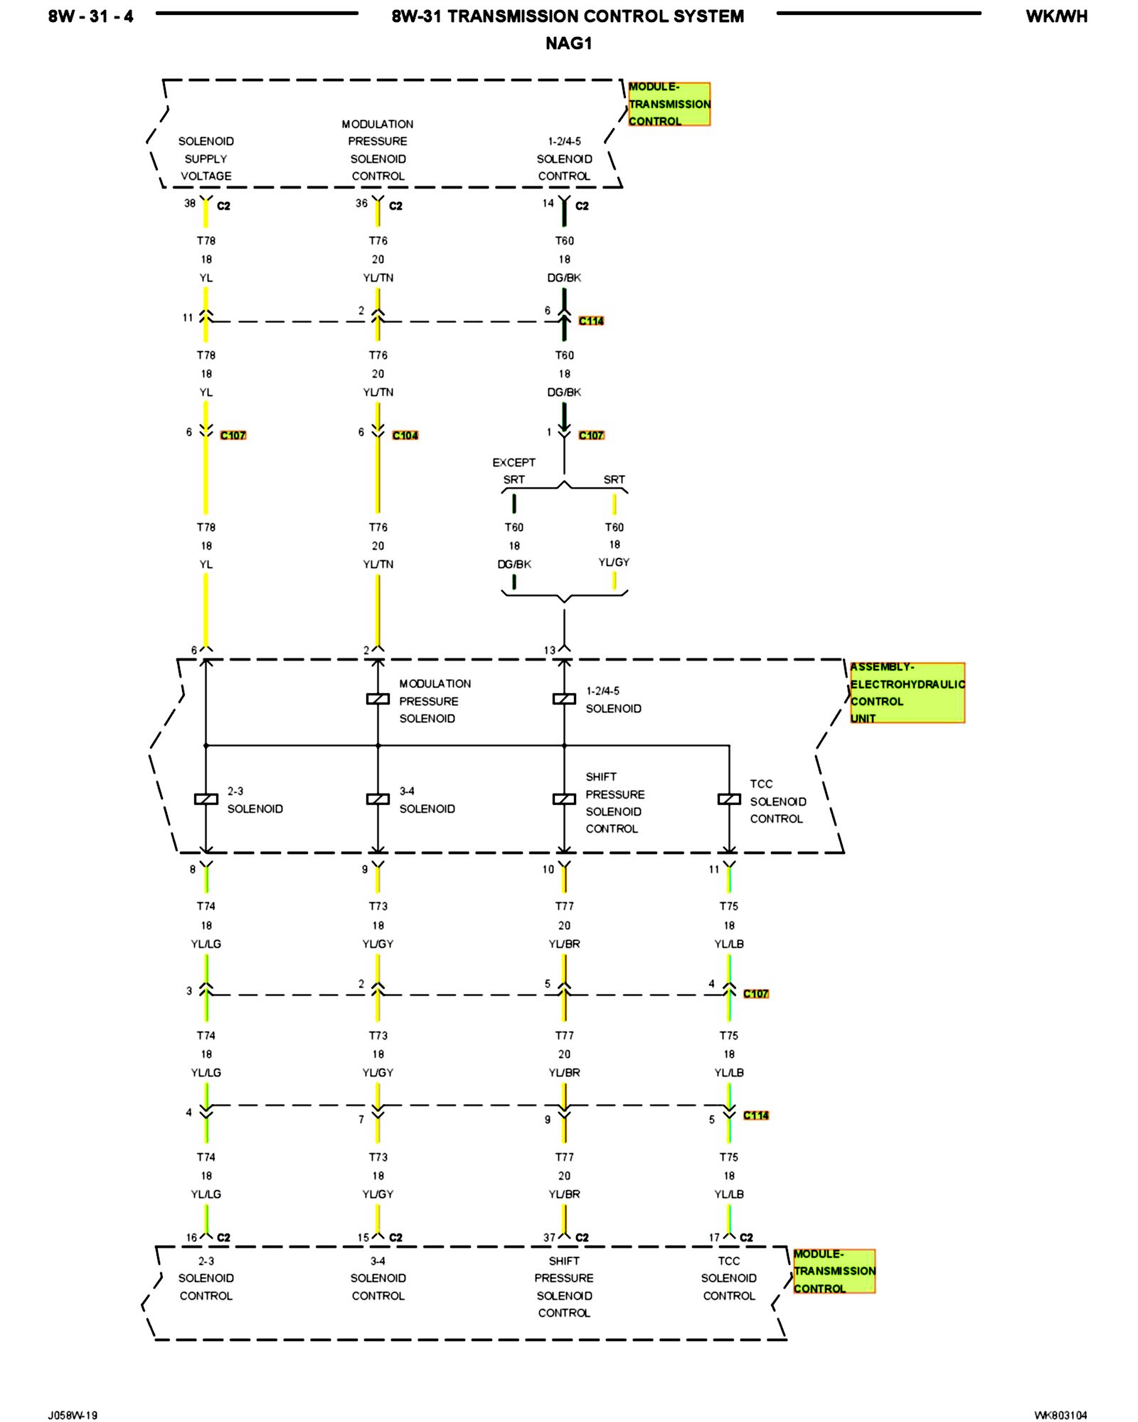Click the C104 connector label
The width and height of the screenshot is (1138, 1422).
pyautogui.click(x=405, y=435)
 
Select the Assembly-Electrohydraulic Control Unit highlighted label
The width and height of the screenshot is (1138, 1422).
pyautogui.click(x=907, y=693)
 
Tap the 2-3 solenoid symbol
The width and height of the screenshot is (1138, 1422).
pyautogui.click(x=206, y=799)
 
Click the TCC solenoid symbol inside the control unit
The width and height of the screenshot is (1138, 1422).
pyautogui.click(x=729, y=799)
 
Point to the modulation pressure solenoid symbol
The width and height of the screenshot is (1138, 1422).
pyautogui.click(x=378, y=699)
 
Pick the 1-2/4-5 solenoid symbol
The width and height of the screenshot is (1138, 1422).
pyautogui.click(x=564, y=699)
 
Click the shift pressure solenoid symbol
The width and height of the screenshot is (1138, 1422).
pyautogui.click(x=564, y=799)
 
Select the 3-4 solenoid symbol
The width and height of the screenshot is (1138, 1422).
pyautogui.click(x=378, y=799)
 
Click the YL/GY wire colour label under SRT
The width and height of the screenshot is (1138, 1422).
pyautogui.click(x=614, y=562)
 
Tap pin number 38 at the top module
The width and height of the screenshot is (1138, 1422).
pyautogui.click(x=190, y=203)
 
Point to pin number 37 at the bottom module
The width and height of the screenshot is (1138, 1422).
pyautogui.click(x=549, y=1238)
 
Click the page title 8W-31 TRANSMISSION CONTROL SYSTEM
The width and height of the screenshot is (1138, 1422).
pyautogui.click(x=568, y=16)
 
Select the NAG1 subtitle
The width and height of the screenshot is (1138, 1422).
pyautogui.click(x=568, y=43)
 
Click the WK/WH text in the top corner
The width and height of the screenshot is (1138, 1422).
pyautogui.click(x=1056, y=16)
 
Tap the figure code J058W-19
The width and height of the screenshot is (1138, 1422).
pyautogui.click(x=73, y=1415)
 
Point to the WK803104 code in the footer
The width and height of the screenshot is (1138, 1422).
pyautogui.click(x=1060, y=1415)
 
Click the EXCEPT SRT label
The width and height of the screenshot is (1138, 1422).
pyautogui.click(x=514, y=471)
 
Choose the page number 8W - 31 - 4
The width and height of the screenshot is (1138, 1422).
pyautogui.click(x=90, y=16)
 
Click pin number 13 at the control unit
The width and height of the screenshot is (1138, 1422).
pyautogui.click(x=549, y=651)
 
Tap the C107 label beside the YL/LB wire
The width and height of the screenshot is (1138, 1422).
pyautogui.click(x=755, y=994)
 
